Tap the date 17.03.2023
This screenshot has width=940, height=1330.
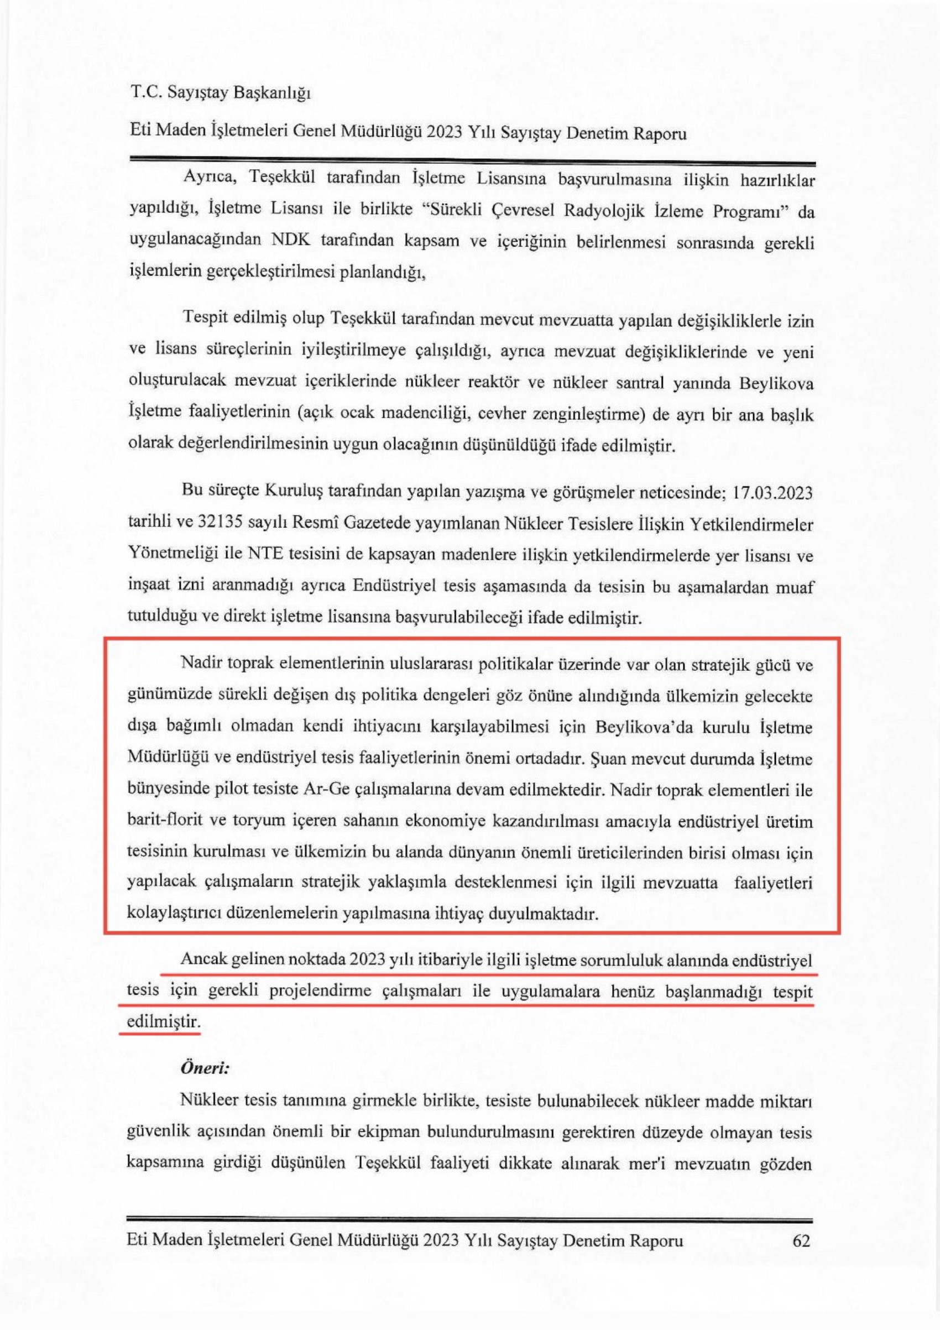pyautogui.click(x=776, y=493)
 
